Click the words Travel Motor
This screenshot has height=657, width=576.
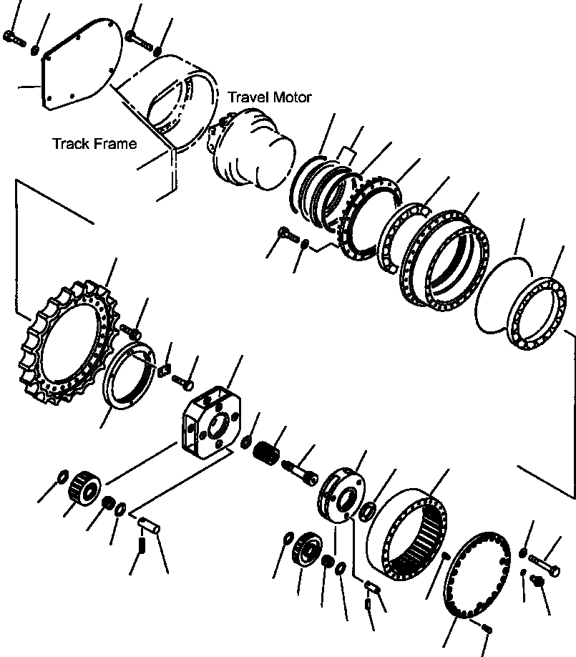pos(270,97)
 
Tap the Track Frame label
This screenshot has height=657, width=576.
pos(94,144)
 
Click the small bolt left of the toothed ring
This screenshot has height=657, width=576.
pos(285,234)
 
